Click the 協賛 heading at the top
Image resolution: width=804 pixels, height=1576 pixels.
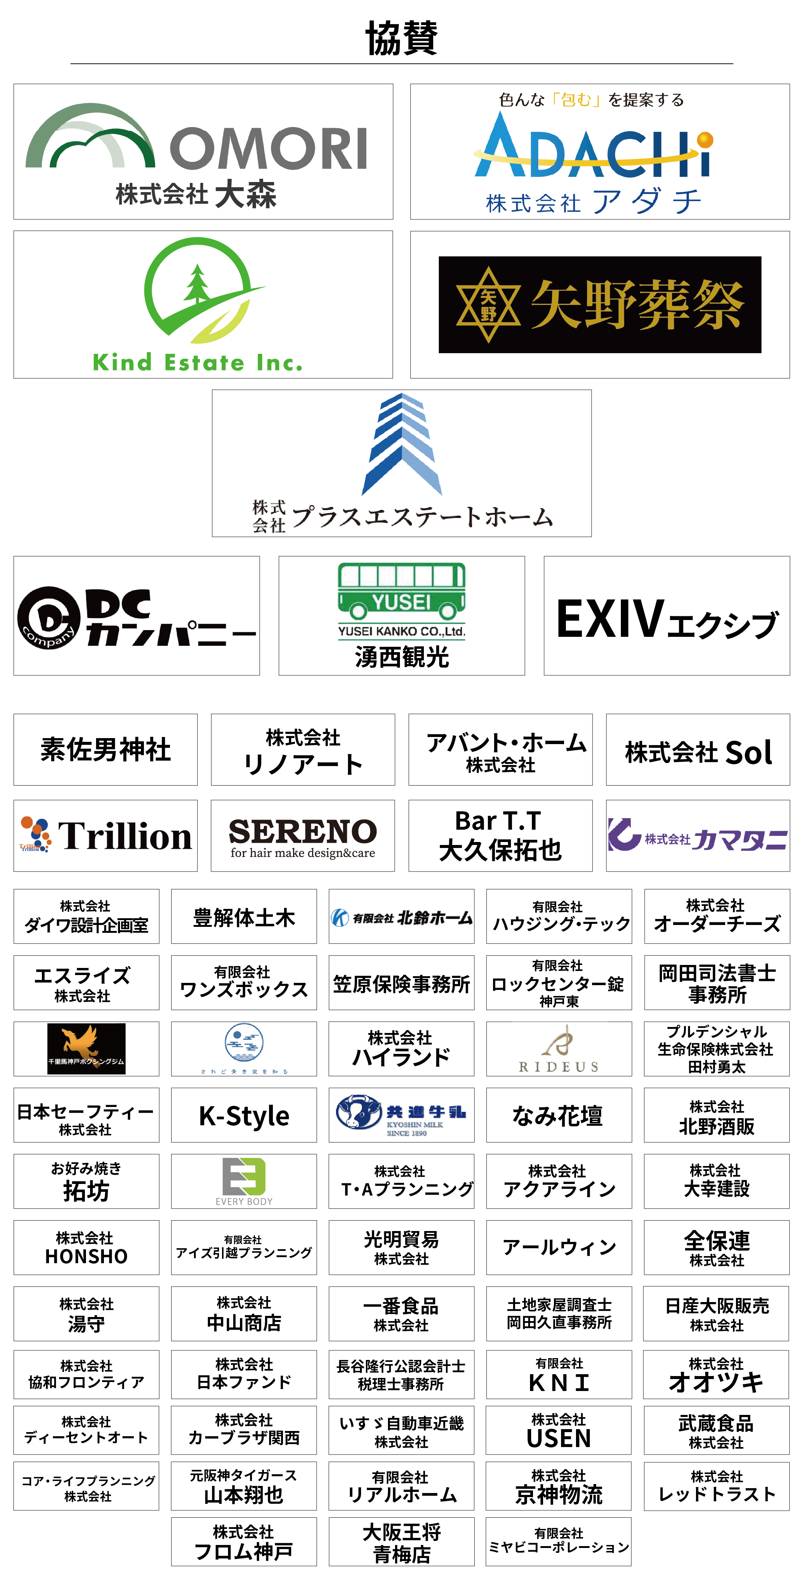[x=401, y=38]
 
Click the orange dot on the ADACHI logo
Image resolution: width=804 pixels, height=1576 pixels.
[x=705, y=140]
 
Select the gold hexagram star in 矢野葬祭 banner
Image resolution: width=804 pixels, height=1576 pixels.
[x=488, y=304]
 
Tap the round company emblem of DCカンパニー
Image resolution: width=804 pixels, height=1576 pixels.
[x=48, y=617]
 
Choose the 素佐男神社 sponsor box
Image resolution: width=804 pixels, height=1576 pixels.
[x=105, y=749]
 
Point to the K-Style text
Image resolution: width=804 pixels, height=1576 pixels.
[x=244, y=1115]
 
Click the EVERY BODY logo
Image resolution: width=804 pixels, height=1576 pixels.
[x=244, y=1181]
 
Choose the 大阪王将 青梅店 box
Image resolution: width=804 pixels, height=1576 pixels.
[x=401, y=1542]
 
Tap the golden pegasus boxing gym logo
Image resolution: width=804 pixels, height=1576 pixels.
[x=86, y=1048]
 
